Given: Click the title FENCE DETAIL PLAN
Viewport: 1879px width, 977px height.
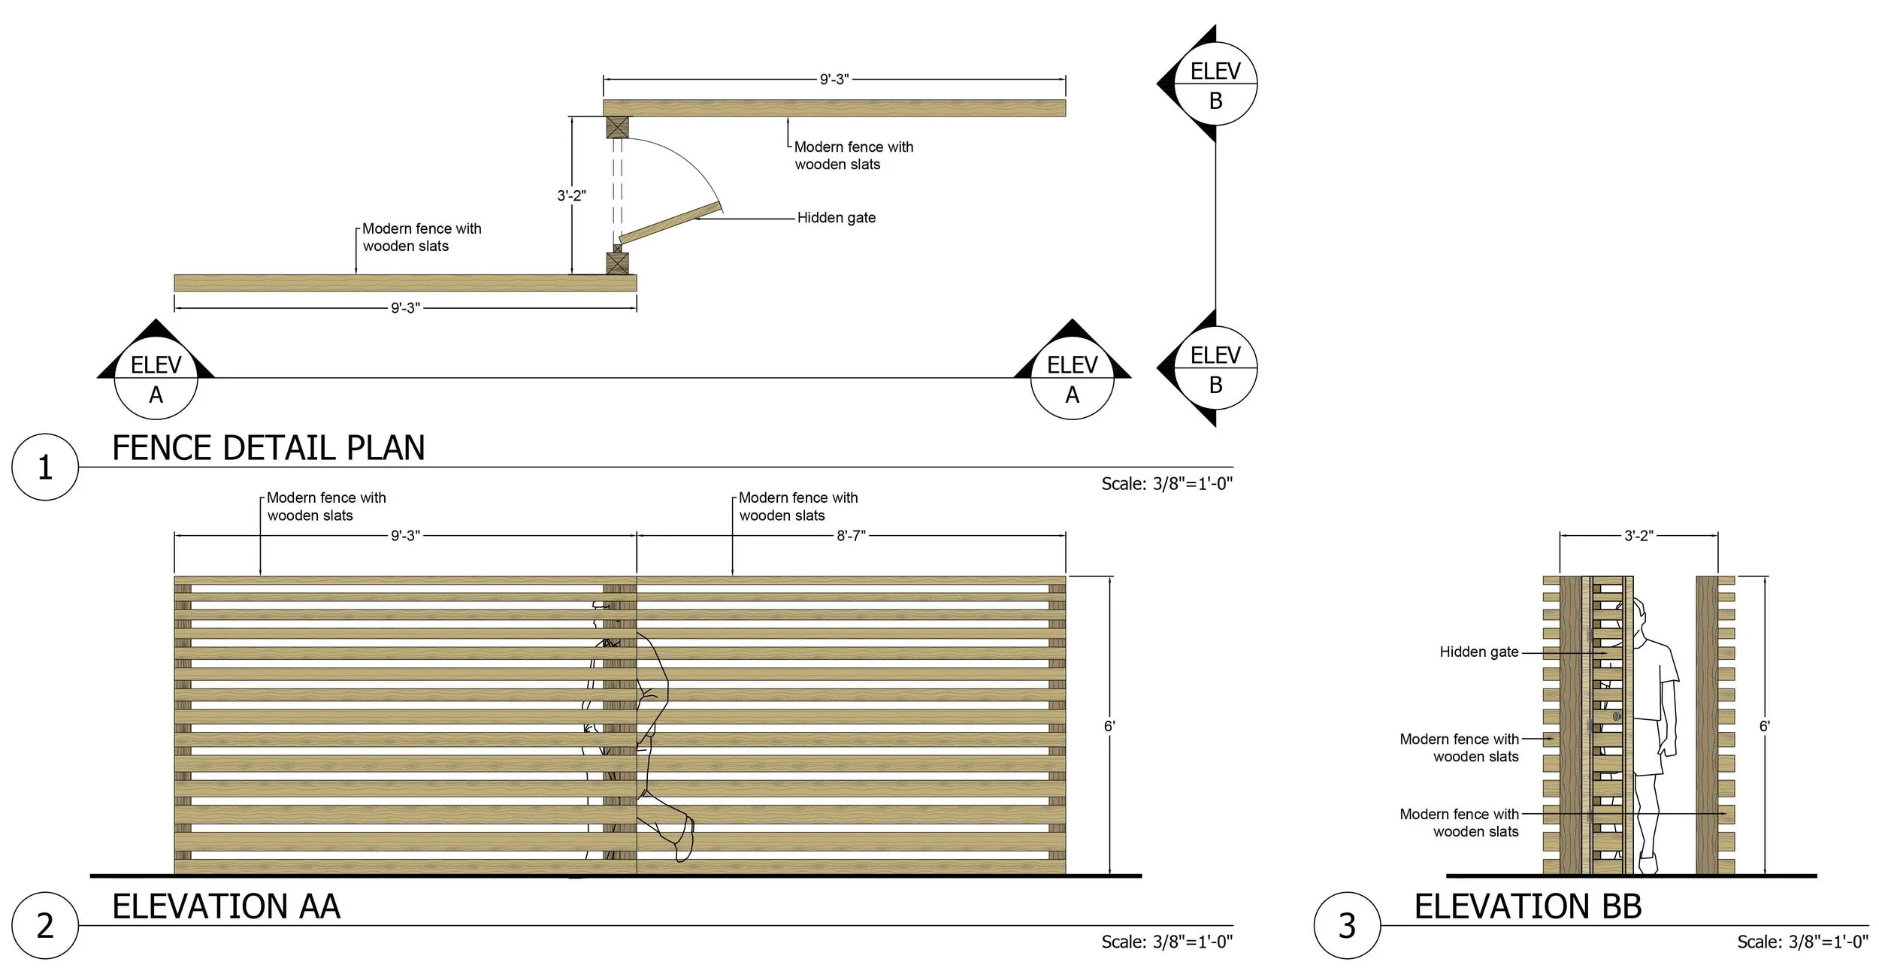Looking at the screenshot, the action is point(268,448).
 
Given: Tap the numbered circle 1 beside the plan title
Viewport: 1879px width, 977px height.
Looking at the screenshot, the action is point(45,467).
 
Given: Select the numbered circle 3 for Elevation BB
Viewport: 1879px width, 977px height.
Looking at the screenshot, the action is point(1347,926).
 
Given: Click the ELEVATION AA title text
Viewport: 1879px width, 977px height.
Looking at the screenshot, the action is point(226,906).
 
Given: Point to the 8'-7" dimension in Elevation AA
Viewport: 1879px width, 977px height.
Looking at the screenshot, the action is point(852,536).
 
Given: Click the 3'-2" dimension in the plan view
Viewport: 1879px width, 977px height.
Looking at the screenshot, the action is point(571,195).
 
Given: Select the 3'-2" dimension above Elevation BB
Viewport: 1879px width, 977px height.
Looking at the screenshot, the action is point(1638,536).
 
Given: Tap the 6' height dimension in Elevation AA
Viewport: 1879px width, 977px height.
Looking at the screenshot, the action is point(1109,726).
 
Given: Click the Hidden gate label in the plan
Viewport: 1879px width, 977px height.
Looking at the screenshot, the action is point(837,218).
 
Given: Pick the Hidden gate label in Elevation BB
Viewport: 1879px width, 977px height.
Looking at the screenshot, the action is point(1479,652).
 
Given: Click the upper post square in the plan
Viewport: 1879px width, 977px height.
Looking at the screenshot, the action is point(617,128).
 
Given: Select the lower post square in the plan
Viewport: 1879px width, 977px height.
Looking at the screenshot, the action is point(617,263).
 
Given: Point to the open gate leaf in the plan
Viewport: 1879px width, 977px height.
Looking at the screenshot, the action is point(670,222).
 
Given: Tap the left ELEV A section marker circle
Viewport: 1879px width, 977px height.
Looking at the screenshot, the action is point(156,379).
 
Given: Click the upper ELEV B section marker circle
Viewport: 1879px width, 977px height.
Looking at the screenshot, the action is point(1215,84).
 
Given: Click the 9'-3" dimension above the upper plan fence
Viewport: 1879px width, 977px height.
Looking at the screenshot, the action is point(834,78).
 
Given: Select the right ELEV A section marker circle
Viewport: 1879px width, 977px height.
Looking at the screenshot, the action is point(1072,379).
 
